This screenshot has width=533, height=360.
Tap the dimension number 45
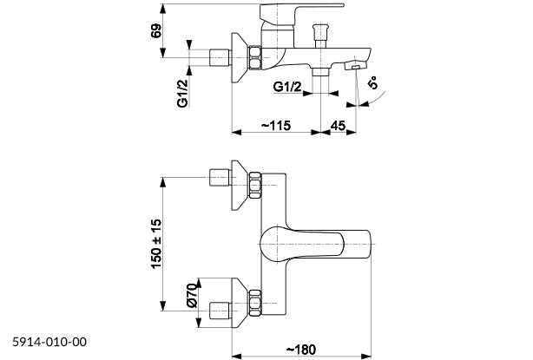pyautogui.click(x=339, y=127)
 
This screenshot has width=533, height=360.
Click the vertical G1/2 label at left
pyautogui.click(x=183, y=90)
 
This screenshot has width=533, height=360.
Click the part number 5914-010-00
pyautogui.click(x=50, y=342)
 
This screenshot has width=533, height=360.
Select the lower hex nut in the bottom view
pyautogui.click(x=254, y=303)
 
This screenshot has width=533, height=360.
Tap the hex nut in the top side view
pyautogui.click(x=254, y=58)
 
